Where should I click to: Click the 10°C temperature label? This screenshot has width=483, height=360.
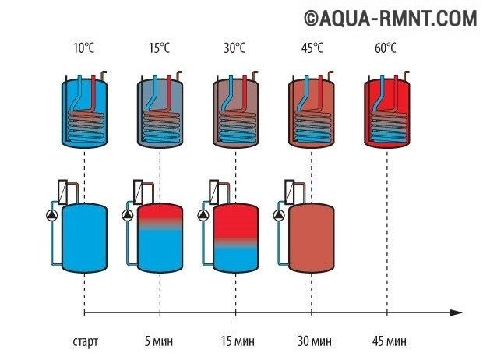(x=83, y=48)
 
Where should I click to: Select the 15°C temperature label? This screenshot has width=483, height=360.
(x=159, y=48)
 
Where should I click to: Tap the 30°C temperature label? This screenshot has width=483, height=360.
(x=235, y=48)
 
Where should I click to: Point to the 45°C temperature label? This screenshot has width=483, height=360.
(x=312, y=48)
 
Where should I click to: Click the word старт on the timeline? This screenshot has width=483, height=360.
(x=83, y=342)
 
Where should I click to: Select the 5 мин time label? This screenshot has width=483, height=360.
(x=160, y=342)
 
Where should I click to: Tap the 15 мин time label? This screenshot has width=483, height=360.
(x=235, y=342)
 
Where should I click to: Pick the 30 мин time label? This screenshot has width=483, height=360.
(x=312, y=342)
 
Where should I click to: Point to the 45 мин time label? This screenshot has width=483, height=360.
(x=387, y=342)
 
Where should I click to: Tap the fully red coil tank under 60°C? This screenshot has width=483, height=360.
(x=388, y=113)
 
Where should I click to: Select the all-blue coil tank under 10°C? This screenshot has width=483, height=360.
(x=83, y=113)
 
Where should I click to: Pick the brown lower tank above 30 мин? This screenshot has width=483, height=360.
(x=312, y=238)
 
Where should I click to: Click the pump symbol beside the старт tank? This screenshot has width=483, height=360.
(x=50, y=217)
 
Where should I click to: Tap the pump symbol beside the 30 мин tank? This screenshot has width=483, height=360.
(x=278, y=217)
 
